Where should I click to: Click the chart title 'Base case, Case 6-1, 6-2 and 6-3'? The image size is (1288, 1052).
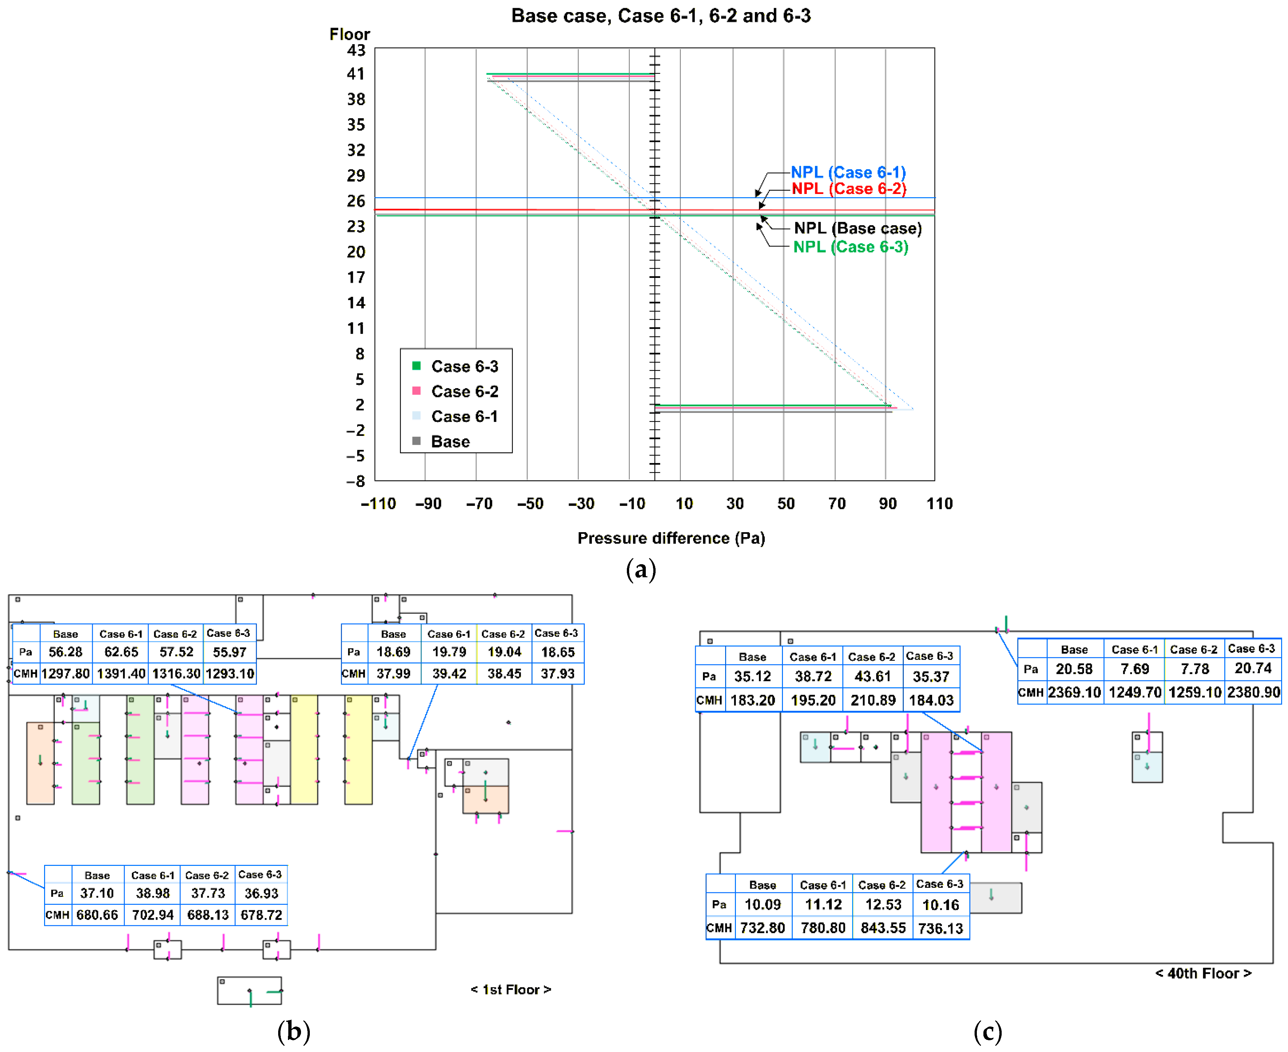click(660, 16)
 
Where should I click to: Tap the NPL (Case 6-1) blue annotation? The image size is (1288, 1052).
click(848, 173)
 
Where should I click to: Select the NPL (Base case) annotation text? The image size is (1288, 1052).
click(858, 229)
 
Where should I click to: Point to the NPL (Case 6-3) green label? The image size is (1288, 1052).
click(851, 247)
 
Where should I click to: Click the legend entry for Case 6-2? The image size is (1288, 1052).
click(464, 391)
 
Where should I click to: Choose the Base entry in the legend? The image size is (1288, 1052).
click(450, 442)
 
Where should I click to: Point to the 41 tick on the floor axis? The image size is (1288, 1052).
click(356, 74)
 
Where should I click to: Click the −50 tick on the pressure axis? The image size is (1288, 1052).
click(530, 503)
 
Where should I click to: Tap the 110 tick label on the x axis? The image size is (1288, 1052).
click(939, 503)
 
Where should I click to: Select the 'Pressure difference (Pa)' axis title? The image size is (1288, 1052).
click(671, 538)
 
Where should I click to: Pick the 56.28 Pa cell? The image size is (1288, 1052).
click(65, 652)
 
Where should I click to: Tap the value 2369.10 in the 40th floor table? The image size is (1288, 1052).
click(1074, 693)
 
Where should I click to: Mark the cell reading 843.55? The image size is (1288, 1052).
click(883, 928)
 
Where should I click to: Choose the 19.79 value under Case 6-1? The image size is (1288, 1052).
click(449, 652)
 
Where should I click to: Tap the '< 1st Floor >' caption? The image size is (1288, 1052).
click(511, 990)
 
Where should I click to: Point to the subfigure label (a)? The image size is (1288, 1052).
click(640, 570)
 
